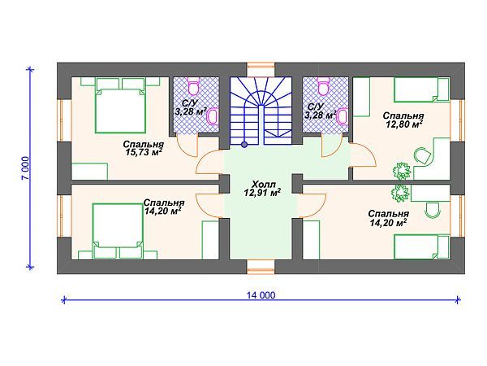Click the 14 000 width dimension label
261,294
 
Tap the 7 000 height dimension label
26,168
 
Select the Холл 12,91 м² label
262,189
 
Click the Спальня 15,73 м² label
143,148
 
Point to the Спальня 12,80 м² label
403,120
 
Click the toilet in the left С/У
194,86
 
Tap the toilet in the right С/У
323,86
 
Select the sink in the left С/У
213,116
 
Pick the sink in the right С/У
343,116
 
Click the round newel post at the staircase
244,144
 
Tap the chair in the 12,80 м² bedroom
422,155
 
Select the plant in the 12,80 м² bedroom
402,171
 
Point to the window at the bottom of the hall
261,267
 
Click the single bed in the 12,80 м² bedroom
421,90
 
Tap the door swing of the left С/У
187,146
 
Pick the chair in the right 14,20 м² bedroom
433,211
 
